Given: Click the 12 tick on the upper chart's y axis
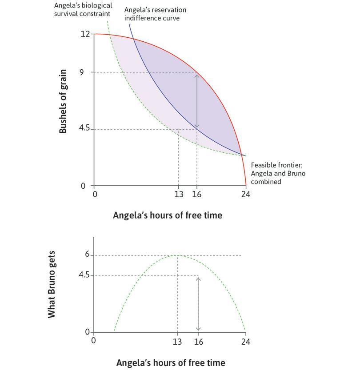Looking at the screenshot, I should [x=85, y=34].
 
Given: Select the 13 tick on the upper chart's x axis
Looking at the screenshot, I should [x=178, y=194].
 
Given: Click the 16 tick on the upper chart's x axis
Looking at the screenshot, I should [x=197, y=194].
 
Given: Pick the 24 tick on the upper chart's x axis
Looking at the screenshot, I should [x=246, y=194].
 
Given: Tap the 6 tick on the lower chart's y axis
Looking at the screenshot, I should [x=88, y=255].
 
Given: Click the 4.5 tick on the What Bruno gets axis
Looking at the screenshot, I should [x=85, y=275].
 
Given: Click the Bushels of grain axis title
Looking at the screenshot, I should [x=64, y=101].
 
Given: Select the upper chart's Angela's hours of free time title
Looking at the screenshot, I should [x=168, y=215].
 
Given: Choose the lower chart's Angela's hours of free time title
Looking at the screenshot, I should [x=171, y=362].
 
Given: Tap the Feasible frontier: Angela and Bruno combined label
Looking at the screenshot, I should [x=278, y=173].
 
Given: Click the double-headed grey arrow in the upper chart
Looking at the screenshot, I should [x=197, y=100].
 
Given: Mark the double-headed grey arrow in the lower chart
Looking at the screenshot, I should [x=198, y=304].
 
